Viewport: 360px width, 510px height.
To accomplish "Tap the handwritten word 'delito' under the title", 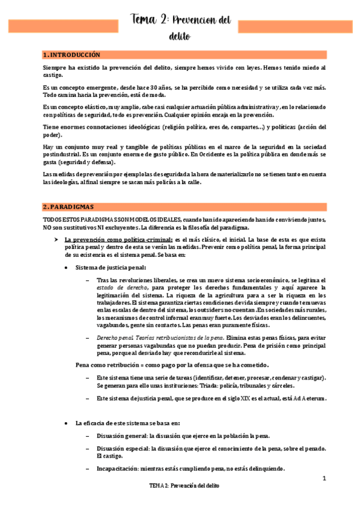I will click(180, 37).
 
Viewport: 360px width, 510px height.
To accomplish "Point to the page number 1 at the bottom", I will click(323, 478).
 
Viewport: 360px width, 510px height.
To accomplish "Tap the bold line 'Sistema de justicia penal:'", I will click(110, 267).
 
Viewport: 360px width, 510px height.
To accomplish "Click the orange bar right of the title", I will click(294, 26).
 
